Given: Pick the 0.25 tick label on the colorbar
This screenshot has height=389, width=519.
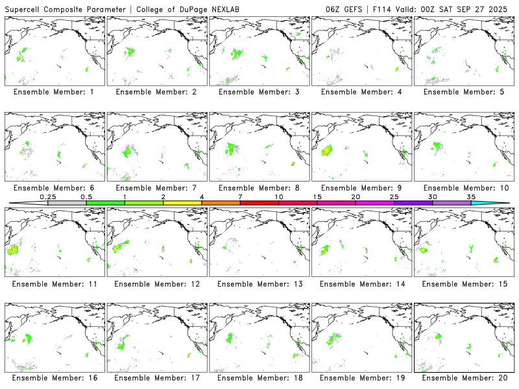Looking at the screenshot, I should tap(47, 196).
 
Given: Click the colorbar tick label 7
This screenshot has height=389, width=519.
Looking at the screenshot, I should tap(240, 196).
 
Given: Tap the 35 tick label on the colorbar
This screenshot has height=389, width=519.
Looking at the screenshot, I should tap(471, 196).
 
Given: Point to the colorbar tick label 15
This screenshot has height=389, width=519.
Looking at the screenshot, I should tap(317, 196).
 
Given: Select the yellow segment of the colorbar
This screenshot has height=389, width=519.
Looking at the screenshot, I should tap(182, 203).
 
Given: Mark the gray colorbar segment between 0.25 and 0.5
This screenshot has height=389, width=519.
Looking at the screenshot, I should tap(67, 203).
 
